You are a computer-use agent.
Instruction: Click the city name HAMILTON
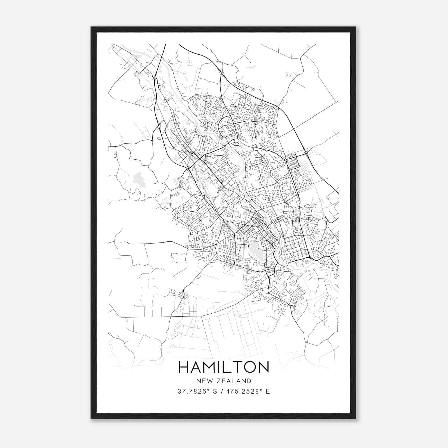(x=223, y=367)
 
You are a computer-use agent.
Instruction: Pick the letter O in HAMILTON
(x=249, y=367)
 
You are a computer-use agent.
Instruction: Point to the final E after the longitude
(x=268, y=391)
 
